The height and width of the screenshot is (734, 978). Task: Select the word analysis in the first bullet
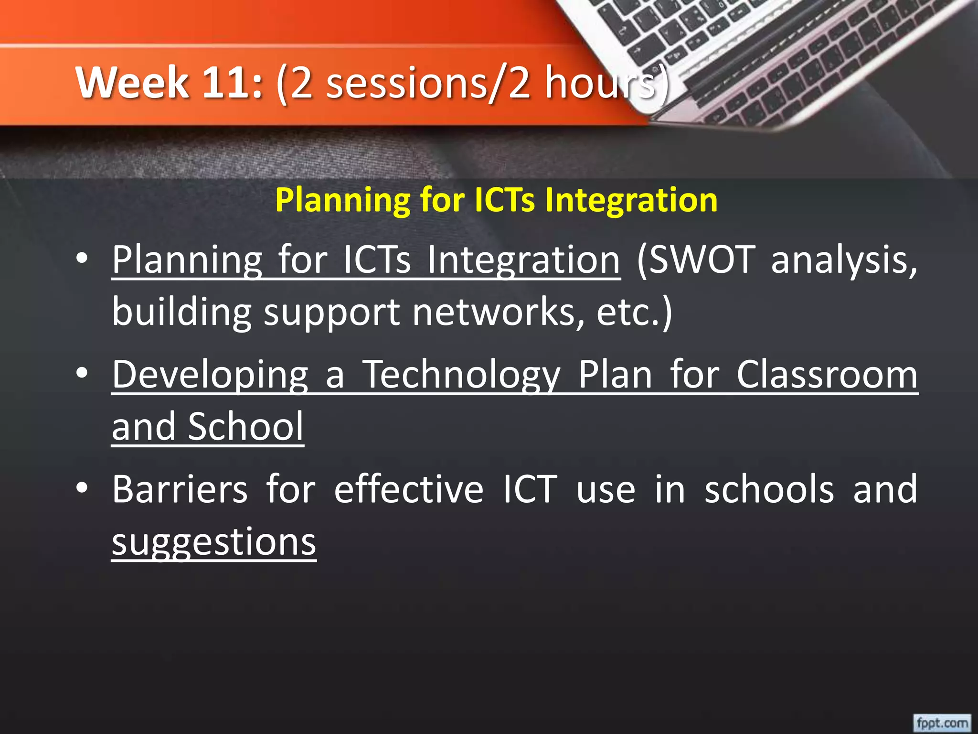click(x=843, y=260)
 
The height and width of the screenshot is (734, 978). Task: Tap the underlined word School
click(x=245, y=426)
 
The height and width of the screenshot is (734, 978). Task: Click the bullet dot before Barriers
click(x=82, y=488)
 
